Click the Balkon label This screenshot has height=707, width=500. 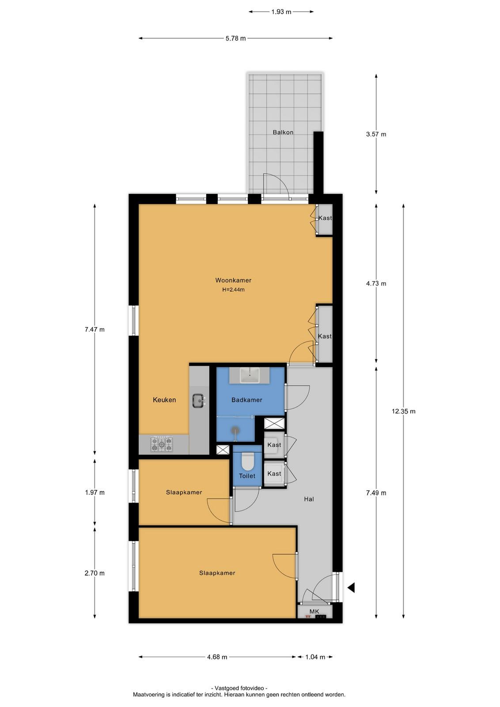coord(283,132)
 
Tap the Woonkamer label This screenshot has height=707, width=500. coord(233,280)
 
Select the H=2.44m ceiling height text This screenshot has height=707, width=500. coord(233,289)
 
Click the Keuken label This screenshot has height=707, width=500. coord(164,400)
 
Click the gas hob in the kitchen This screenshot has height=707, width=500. coord(162,444)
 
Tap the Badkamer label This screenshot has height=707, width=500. coord(247,400)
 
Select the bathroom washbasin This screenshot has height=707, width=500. coord(250,375)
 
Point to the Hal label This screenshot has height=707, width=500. coord(309,499)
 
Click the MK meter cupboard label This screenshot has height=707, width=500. coord(314,612)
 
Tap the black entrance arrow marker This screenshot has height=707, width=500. coord(351,588)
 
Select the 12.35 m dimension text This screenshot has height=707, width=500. coord(403,411)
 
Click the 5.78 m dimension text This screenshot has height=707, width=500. coord(236,38)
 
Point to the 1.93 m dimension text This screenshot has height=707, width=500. coord(281,12)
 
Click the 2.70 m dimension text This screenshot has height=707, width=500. coord(95,573)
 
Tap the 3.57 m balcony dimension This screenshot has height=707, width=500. coord(376,134)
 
